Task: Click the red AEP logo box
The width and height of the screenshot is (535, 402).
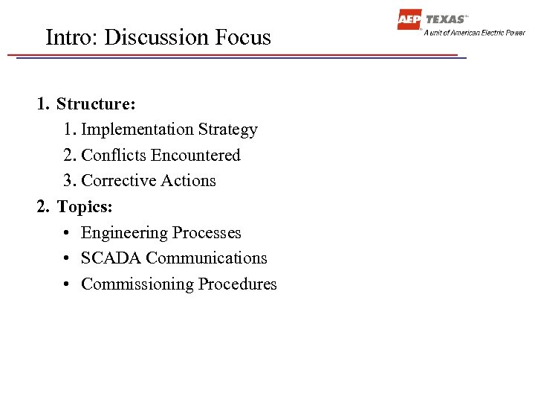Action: [409, 20]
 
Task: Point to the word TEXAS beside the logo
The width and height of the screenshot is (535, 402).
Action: [446, 19]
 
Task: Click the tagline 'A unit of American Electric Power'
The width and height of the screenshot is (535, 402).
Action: [474, 33]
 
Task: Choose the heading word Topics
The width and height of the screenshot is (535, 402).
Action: [85, 206]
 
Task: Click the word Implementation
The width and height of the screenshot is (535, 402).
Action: [127, 130]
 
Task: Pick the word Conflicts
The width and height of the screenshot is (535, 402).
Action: [114, 156]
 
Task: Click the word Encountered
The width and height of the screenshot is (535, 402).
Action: [195, 156]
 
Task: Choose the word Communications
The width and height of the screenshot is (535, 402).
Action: [207, 258]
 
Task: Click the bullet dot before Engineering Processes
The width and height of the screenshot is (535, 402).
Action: [67, 233]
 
